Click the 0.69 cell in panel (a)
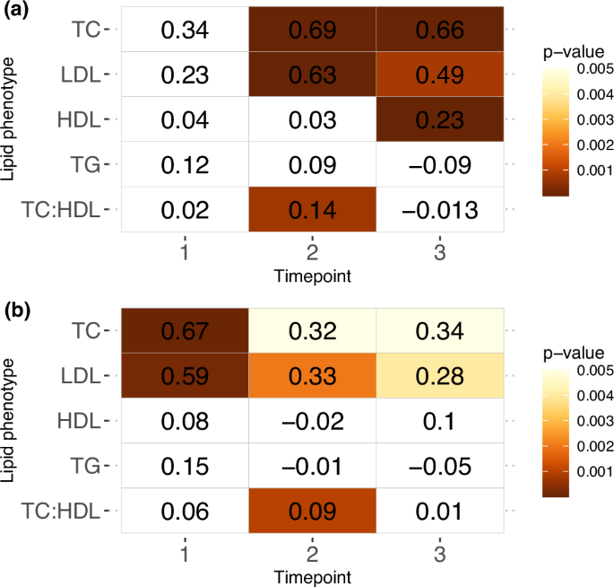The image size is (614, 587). click(311, 30)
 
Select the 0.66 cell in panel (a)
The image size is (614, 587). click(439, 30)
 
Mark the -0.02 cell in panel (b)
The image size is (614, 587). click(311, 421)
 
